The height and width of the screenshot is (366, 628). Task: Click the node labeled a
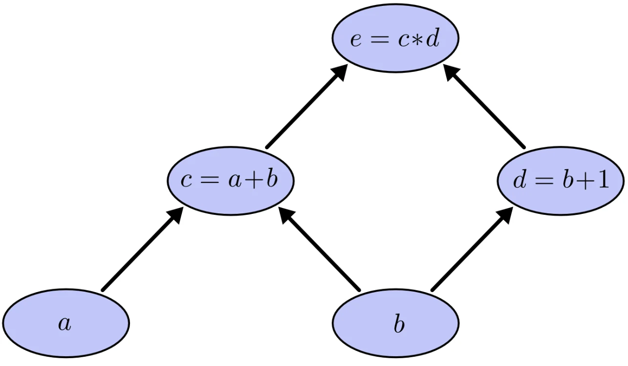click(66, 323)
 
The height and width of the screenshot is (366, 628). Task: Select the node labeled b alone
click(395, 323)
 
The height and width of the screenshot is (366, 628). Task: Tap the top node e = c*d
click(395, 38)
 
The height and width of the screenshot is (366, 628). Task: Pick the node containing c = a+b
click(231, 181)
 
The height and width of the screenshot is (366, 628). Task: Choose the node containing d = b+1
click(561, 181)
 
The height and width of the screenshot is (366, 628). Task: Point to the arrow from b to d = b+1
click(473, 249)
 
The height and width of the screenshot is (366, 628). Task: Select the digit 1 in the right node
click(603, 180)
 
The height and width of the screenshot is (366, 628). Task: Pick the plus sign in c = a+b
click(254, 180)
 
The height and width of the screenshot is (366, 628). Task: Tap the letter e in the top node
click(356, 41)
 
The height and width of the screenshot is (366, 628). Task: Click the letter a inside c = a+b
click(235, 182)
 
